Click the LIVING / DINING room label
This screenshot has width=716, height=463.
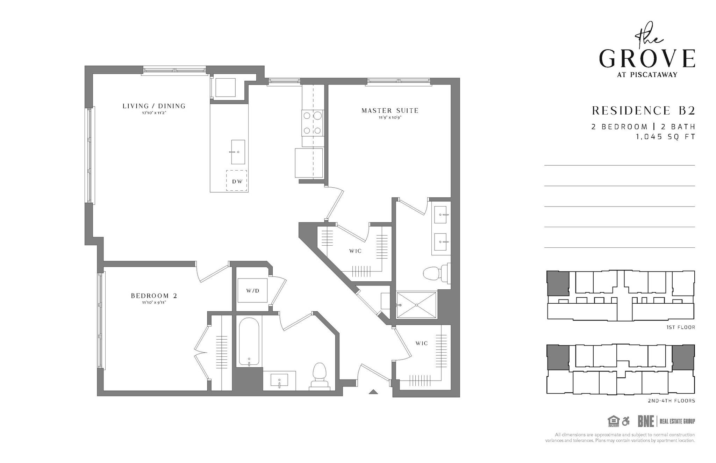coord(154,106)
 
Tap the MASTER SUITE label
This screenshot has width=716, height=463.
coord(390,110)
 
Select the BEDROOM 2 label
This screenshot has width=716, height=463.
coord(154,296)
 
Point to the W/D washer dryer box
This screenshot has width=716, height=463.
coord(252,290)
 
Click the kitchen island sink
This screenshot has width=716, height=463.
coord(238,152)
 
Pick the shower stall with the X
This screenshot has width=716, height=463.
coord(416,305)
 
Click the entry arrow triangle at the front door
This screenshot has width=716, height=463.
coord(373,392)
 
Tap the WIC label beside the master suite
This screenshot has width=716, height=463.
coord(355,251)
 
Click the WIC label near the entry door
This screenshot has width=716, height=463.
coord(422,343)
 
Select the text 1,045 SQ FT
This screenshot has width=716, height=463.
coord(665,137)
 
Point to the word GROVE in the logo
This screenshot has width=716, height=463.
coord(647,59)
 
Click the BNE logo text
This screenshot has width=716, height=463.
coord(645,421)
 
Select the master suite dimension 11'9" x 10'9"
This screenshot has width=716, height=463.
coord(390,118)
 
